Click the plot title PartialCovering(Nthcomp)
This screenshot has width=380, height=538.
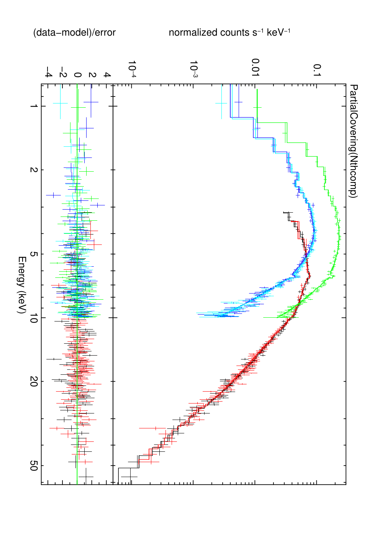(x=353, y=141)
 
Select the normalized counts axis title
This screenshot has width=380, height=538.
(x=229, y=33)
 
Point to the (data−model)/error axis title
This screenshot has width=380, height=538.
(x=74, y=33)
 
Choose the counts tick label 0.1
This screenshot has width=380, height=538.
(x=317, y=70)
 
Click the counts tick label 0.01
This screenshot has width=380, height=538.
(x=255, y=67)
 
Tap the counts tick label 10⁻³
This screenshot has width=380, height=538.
(x=193, y=69)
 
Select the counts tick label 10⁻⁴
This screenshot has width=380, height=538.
(x=132, y=69)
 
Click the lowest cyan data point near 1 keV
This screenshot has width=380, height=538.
(x=221, y=103)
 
